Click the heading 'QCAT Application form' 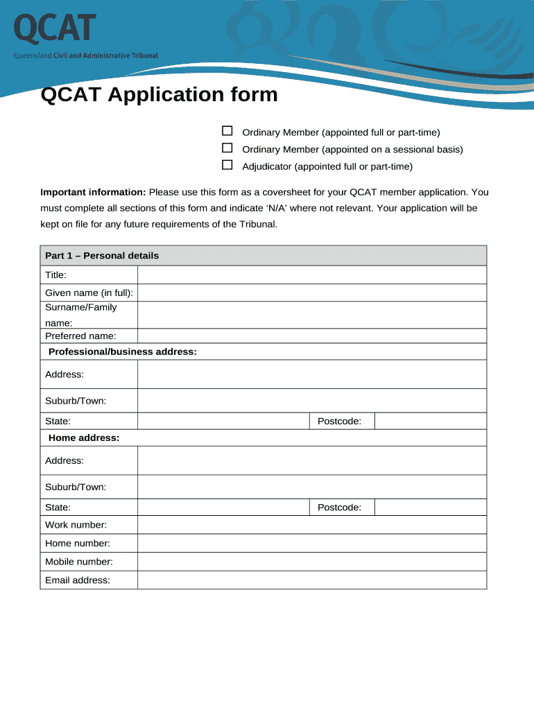pos(159,94)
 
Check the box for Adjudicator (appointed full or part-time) pos(227,165)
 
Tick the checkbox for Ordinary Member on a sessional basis pos(227,148)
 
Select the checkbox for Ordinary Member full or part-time pos(227,131)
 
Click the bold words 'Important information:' pos(93,192)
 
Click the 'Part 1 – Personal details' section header pos(102,256)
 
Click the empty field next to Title pos(311,275)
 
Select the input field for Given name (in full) pos(311,293)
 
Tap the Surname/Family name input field pos(311,315)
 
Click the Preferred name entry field pos(311,336)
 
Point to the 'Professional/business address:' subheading pos(123,352)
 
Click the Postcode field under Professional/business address pos(430,421)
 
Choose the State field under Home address pos(223,508)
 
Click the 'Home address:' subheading pos(84,438)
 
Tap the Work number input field pos(311,525)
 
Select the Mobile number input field pos(311,562)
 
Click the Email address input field pos(311,580)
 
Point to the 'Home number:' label pos(78,544)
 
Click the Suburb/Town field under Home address pos(311,487)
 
